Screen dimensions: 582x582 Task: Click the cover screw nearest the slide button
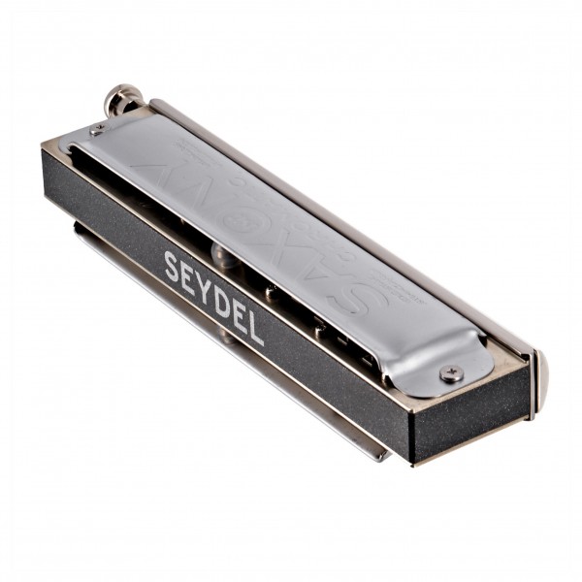pyautogui.click(x=97, y=130)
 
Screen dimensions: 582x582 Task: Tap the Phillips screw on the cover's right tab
pyautogui.click(x=451, y=373)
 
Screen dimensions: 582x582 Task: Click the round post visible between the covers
pyautogui.click(x=222, y=254)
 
